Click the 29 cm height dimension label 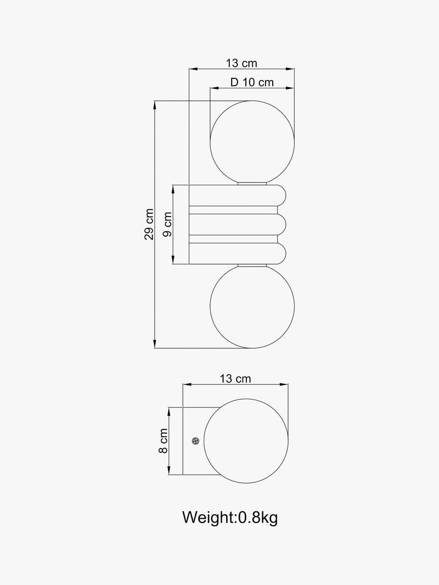(x=149, y=224)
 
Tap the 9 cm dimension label (x=167, y=224)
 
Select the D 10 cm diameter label (x=252, y=82)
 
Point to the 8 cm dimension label (x=163, y=441)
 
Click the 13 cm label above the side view (x=241, y=63)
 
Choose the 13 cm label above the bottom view (x=235, y=379)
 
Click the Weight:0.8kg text (x=230, y=518)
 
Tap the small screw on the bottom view (x=195, y=441)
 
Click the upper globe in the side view (x=252, y=143)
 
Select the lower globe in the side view (x=252, y=306)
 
